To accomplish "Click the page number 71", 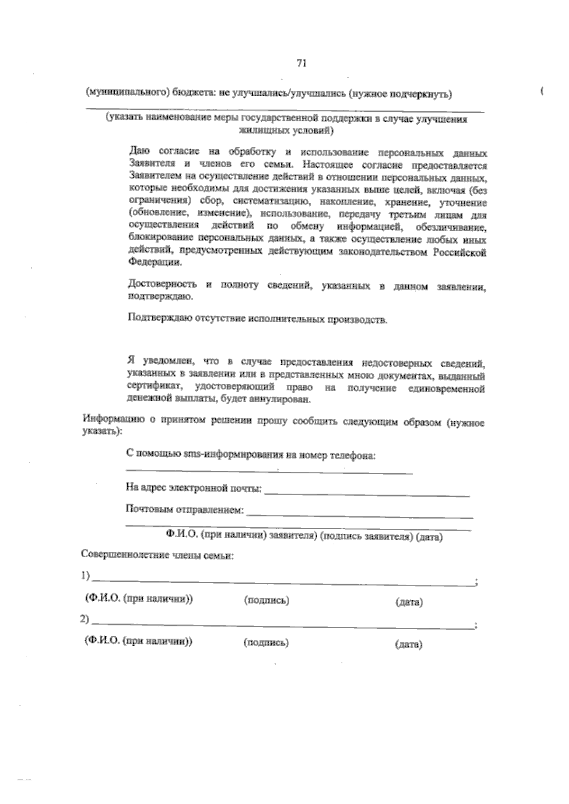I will pyautogui.click(x=302, y=63).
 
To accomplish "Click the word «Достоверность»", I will pyautogui.click(x=162, y=284).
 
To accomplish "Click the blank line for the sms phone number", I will pyautogui.click(x=269, y=471).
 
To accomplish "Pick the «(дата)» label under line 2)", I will pyautogui.click(x=408, y=644).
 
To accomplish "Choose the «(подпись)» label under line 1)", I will pyautogui.click(x=266, y=600).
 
